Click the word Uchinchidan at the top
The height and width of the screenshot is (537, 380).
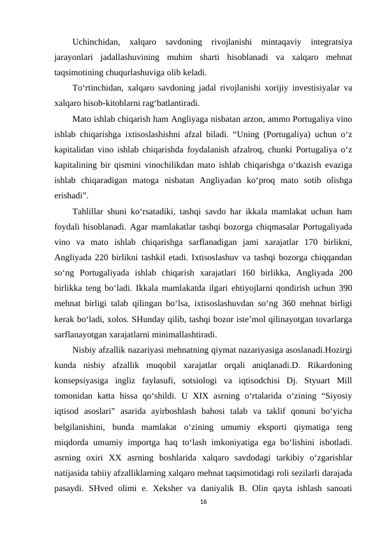95,43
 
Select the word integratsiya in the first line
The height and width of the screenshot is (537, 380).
331,43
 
